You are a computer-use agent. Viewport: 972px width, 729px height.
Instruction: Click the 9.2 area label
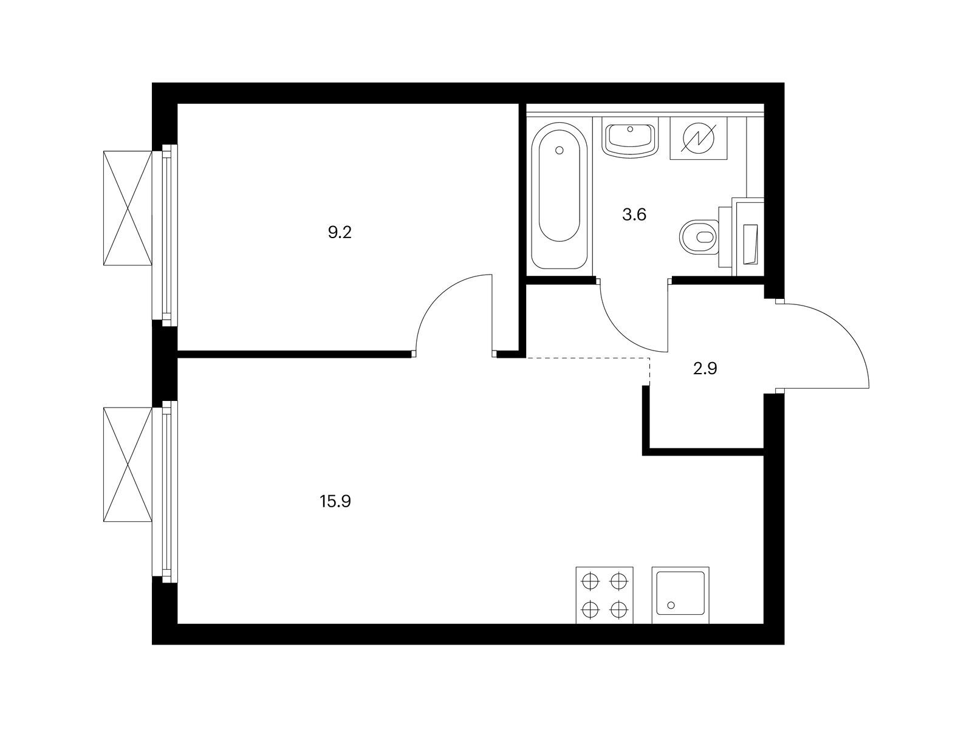point(340,233)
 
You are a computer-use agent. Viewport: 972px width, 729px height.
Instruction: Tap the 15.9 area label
point(335,502)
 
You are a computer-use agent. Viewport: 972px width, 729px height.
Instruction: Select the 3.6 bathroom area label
point(634,214)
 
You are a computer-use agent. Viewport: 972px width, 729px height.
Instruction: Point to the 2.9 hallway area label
point(705,368)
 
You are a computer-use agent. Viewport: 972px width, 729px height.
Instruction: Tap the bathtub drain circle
point(560,151)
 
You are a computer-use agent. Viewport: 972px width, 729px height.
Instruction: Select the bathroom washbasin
point(630,139)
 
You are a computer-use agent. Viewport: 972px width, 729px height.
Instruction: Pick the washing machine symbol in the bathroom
point(699,138)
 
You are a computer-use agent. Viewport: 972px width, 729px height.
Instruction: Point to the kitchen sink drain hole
point(671,605)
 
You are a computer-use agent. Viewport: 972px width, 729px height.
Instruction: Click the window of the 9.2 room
point(165,235)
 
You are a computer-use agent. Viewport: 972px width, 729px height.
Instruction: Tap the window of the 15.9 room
point(165,491)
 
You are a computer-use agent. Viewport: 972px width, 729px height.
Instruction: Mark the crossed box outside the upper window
point(128,208)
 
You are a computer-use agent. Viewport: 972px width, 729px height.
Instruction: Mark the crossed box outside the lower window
point(128,464)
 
